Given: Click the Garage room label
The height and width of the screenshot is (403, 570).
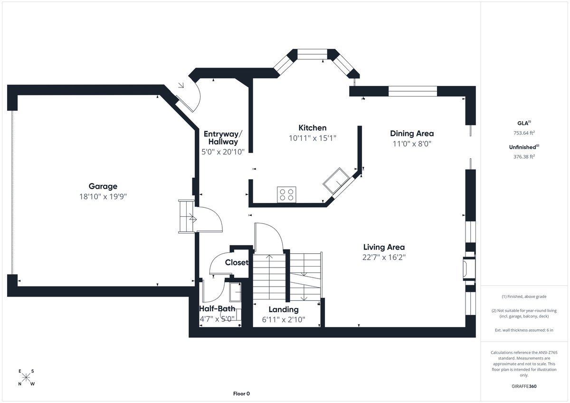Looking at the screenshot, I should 103,186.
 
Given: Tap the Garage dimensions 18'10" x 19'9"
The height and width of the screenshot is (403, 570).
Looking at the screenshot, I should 103,196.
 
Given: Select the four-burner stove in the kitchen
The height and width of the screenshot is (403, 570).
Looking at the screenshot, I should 286,194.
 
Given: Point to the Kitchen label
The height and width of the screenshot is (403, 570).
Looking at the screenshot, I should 312,128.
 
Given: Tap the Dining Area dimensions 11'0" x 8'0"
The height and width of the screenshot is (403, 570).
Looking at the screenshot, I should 412,143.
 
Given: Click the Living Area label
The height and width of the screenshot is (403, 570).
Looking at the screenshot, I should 384,247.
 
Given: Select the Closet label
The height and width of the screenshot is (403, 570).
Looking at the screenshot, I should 236,262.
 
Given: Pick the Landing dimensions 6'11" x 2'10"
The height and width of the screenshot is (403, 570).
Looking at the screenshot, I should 284,319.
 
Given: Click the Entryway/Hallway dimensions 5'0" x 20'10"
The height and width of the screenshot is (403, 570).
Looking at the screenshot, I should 223,152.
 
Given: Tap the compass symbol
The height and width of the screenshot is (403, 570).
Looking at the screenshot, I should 26,378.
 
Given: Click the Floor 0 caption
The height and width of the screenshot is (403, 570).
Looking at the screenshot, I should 241,393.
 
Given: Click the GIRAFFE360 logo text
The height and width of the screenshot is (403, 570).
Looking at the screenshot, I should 524,386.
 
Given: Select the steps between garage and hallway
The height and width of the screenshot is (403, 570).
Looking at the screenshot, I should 186,216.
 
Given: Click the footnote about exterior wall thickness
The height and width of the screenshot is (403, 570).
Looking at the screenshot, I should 524,330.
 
